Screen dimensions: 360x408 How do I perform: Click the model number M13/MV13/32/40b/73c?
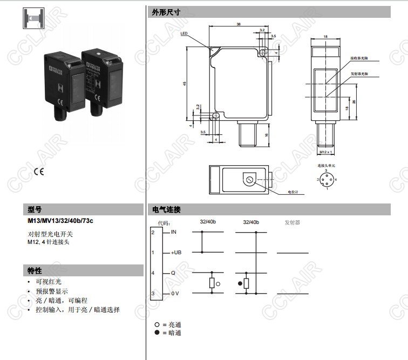click(60, 221)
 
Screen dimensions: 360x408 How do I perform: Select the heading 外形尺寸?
click(167, 12)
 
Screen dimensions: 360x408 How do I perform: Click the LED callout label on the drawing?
click(184, 33)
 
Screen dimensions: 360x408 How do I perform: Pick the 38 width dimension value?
click(238, 24)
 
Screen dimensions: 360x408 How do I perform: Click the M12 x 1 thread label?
click(325, 152)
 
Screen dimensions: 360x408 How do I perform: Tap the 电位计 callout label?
click(293, 192)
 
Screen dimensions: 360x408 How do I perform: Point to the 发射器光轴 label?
click(359, 73)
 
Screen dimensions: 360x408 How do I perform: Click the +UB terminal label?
click(176, 253)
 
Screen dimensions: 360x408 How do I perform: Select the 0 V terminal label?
click(174, 293)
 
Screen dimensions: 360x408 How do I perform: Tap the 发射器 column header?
click(292, 222)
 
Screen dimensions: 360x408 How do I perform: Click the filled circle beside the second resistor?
click(239, 283)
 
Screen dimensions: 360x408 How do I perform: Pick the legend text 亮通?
click(174, 325)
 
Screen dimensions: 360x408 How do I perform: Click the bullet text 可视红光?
click(49, 282)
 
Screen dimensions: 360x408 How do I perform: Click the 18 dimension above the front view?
click(325, 37)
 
